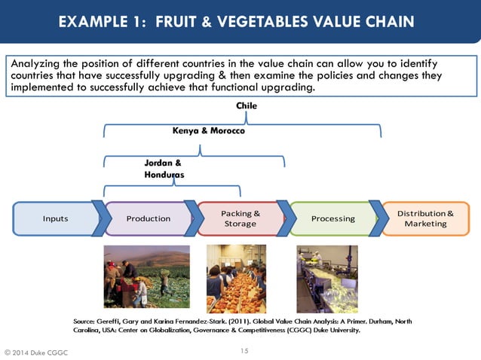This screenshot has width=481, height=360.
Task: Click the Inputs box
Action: click(x=55, y=218)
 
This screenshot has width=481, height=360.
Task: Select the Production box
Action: click(x=148, y=218)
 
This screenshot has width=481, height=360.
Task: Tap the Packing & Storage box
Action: click(x=240, y=218)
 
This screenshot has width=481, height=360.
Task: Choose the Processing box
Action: click(x=332, y=218)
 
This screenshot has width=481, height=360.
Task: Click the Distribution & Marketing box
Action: click(x=425, y=218)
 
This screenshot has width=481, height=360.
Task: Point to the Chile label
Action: click(x=246, y=106)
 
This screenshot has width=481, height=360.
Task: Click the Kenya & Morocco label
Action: click(x=209, y=131)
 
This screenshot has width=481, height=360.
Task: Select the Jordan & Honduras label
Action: click(x=163, y=168)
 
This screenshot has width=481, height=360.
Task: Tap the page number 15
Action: click(x=244, y=350)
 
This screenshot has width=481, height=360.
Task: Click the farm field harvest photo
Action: click(x=147, y=276)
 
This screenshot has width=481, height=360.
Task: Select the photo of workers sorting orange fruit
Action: click(x=236, y=279)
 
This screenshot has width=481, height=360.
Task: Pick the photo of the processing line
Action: click(x=327, y=279)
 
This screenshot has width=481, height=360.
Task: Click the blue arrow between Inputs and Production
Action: click(x=97, y=218)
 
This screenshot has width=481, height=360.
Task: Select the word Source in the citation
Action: click(x=85, y=321)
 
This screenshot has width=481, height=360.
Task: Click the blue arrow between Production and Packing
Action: click(x=191, y=218)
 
